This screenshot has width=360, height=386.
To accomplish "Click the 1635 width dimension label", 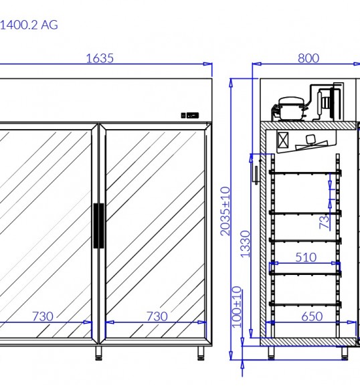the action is (100, 58).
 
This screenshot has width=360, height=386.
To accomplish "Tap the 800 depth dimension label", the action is (308, 58).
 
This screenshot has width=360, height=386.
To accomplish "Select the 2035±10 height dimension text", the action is (226, 211).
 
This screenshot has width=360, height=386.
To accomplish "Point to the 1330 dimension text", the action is (246, 244).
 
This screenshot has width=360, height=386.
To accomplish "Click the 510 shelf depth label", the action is (306, 258).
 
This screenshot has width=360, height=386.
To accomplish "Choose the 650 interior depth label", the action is (312, 316).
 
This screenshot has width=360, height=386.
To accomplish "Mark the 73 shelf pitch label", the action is (325, 222).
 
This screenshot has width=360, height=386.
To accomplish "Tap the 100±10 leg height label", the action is (237, 307).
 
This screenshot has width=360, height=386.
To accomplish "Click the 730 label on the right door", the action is (157, 316).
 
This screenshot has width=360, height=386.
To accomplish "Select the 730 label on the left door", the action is (43, 316).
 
